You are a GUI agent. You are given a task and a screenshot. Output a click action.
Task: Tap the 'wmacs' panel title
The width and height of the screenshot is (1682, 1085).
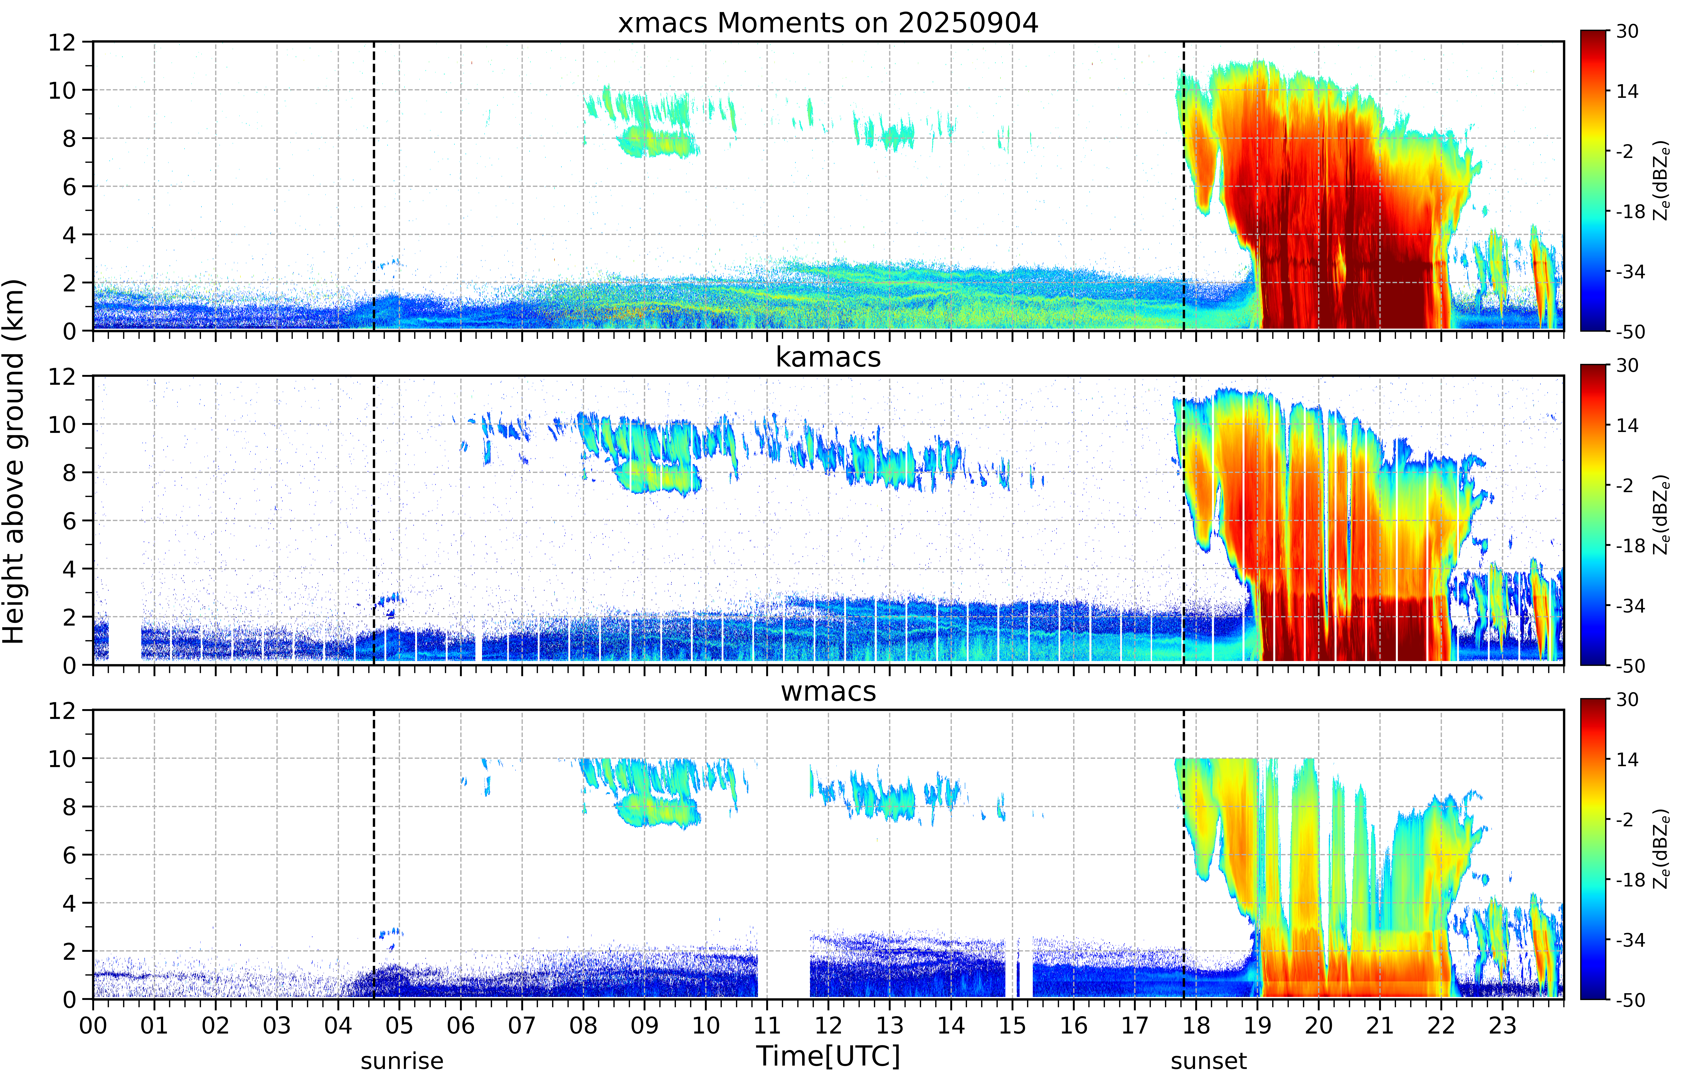tap(828, 691)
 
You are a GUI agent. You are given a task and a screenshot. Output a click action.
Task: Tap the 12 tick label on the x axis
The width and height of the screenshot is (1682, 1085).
tap(829, 1025)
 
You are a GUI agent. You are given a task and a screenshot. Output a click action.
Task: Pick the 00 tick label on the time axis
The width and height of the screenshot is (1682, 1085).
tap(93, 1025)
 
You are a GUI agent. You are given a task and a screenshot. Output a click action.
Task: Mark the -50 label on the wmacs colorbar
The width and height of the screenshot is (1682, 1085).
tap(1630, 999)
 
